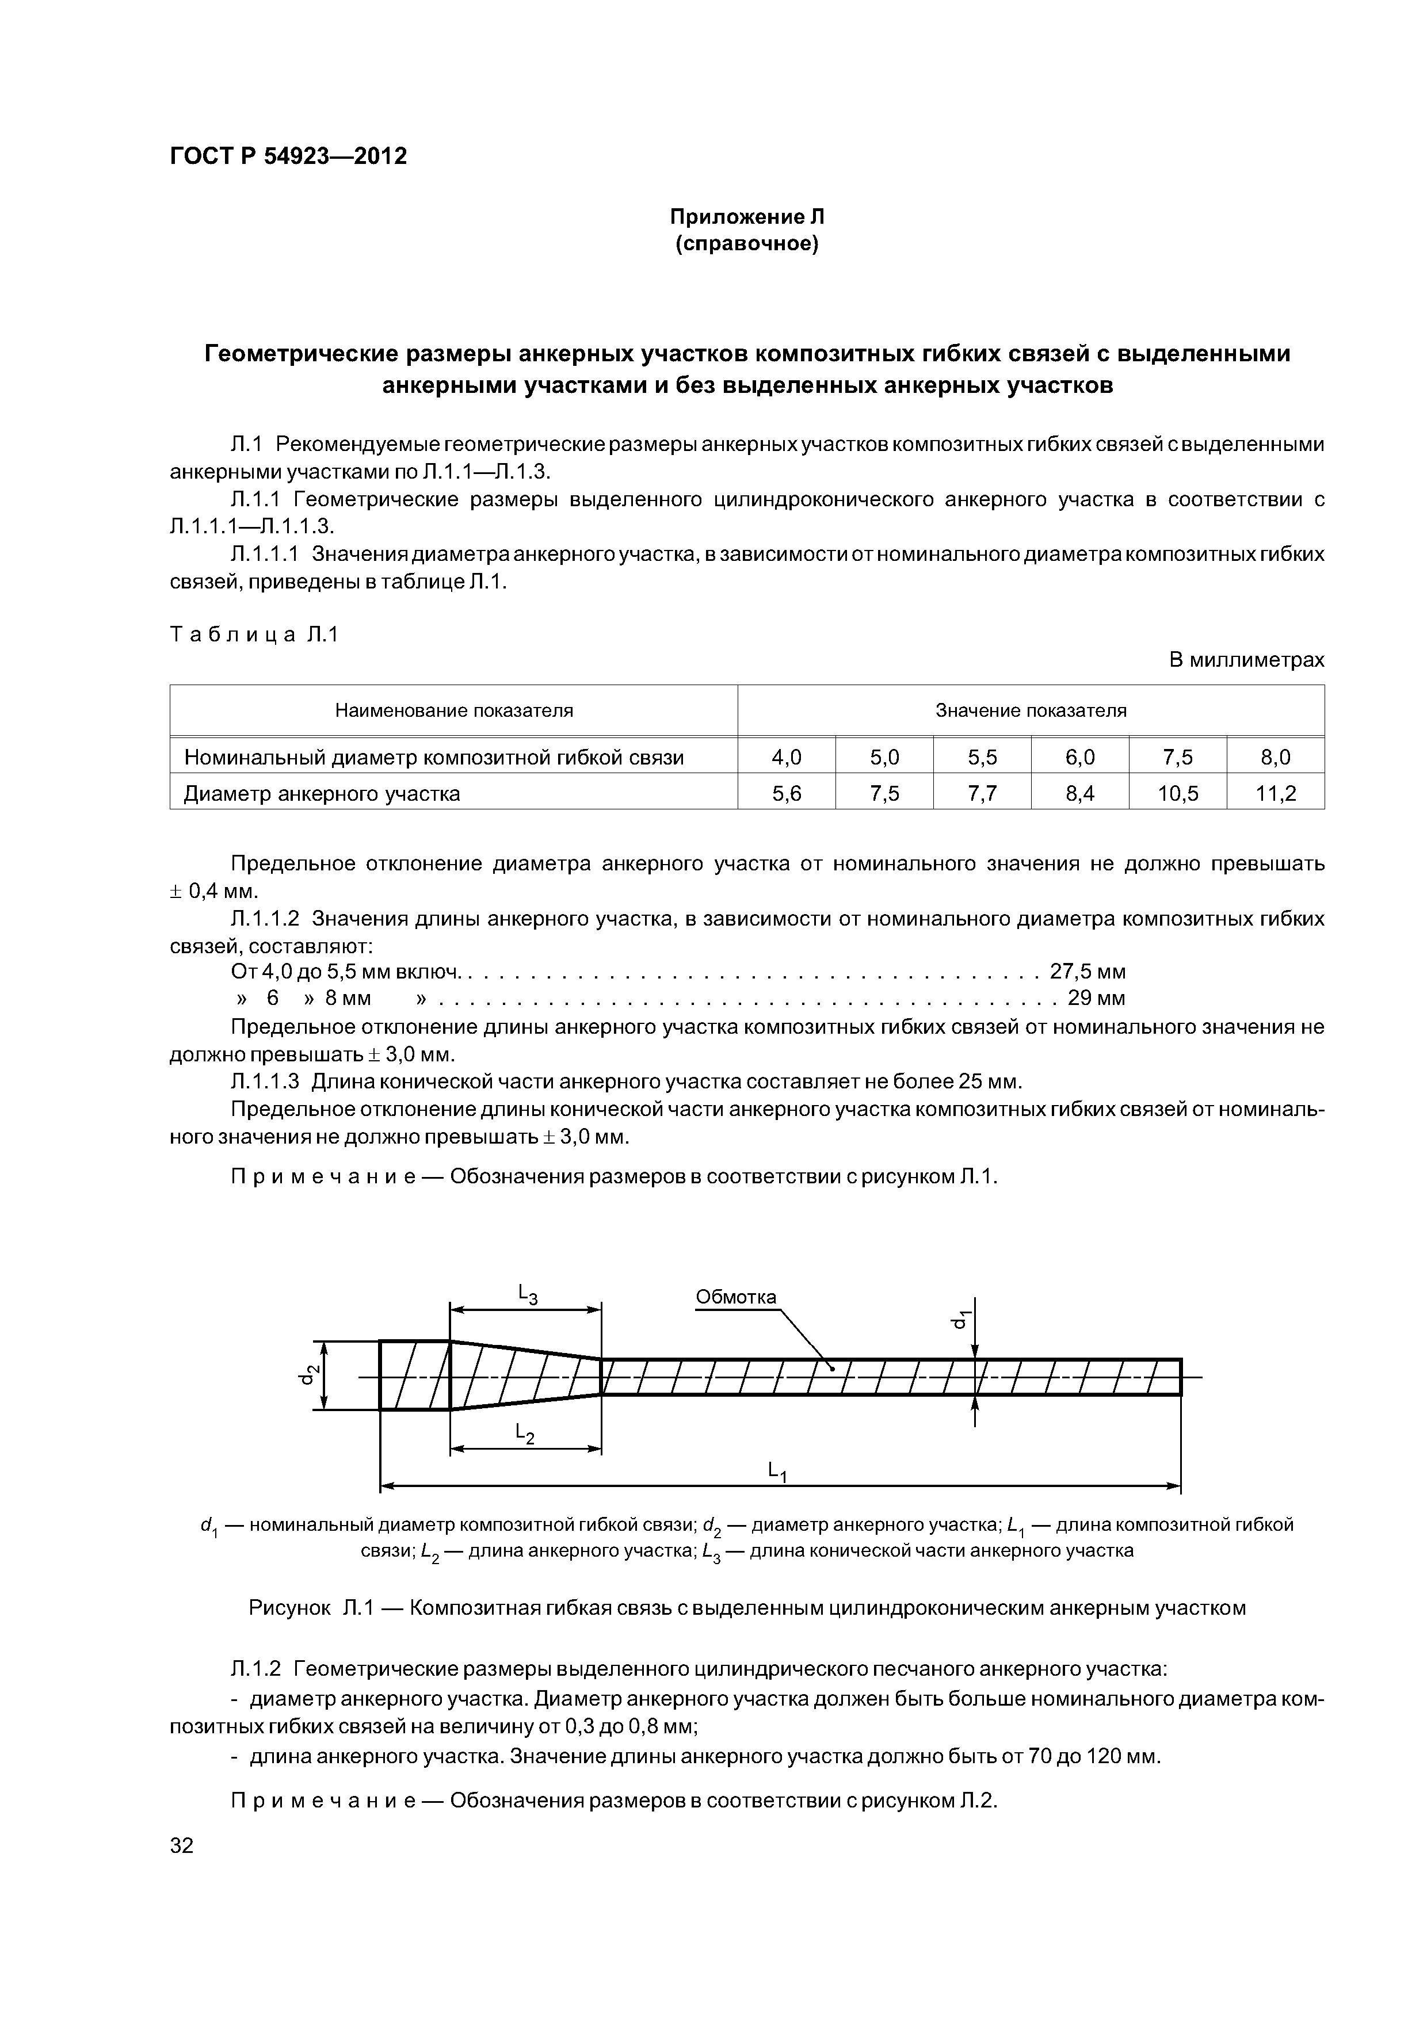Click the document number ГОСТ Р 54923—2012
(x=288, y=156)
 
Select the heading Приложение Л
(x=746, y=217)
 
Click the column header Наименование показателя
(x=453, y=710)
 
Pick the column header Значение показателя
(x=1031, y=710)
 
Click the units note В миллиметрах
(x=1246, y=659)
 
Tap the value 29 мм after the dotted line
(x=1096, y=999)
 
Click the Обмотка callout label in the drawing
(x=736, y=1297)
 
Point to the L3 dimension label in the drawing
(x=526, y=1293)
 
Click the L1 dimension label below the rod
(x=777, y=1470)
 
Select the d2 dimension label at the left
(x=308, y=1375)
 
